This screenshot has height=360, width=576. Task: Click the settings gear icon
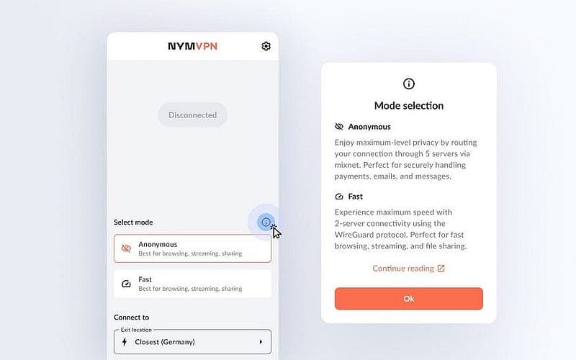coord(266,46)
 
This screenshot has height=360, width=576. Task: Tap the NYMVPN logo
coord(192,46)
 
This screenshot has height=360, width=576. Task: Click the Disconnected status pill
coord(192,115)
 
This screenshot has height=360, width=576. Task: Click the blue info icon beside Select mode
coord(266,222)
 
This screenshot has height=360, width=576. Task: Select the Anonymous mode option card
coord(192,248)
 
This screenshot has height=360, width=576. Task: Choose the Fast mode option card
coord(192,284)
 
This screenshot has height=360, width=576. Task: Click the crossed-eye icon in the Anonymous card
coord(126,248)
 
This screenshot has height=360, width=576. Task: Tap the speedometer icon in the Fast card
coord(126,284)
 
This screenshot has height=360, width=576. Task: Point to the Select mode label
coord(133,222)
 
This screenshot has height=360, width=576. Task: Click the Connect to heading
coord(132,318)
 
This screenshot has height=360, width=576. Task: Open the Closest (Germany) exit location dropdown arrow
coord(261,342)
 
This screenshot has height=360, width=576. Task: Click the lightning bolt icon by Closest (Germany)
coord(125,342)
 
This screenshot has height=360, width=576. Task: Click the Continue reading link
coord(403,269)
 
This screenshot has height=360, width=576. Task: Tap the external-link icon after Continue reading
coord(441,269)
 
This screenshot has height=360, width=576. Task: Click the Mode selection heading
coord(409,106)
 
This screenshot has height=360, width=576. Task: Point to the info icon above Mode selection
coord(409,84)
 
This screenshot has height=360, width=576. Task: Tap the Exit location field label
coord(136,330)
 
